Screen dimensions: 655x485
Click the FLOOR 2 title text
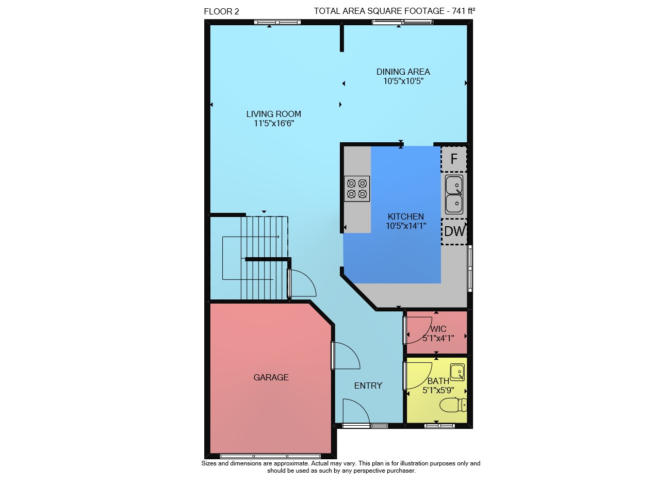point(221,11)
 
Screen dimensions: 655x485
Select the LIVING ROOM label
point(274,114)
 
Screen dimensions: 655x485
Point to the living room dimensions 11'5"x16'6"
point(274,123)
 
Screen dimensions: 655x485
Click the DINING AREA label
point(403,72)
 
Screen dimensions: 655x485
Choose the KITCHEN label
point(406,216)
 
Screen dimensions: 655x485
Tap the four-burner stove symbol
point(357,189)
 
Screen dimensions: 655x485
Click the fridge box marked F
point(454,159)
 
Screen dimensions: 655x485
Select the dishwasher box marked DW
point(454,231)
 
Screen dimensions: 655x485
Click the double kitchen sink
point(454,194)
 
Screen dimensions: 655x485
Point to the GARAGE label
point(271,377)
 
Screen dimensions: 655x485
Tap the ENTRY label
point(368,386)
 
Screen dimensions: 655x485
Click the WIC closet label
point(438,329)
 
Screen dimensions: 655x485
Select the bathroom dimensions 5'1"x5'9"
point(438,390)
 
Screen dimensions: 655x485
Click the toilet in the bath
point(453,405)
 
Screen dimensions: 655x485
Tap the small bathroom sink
point(457,372)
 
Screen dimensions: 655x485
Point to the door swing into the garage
point(346,356)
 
